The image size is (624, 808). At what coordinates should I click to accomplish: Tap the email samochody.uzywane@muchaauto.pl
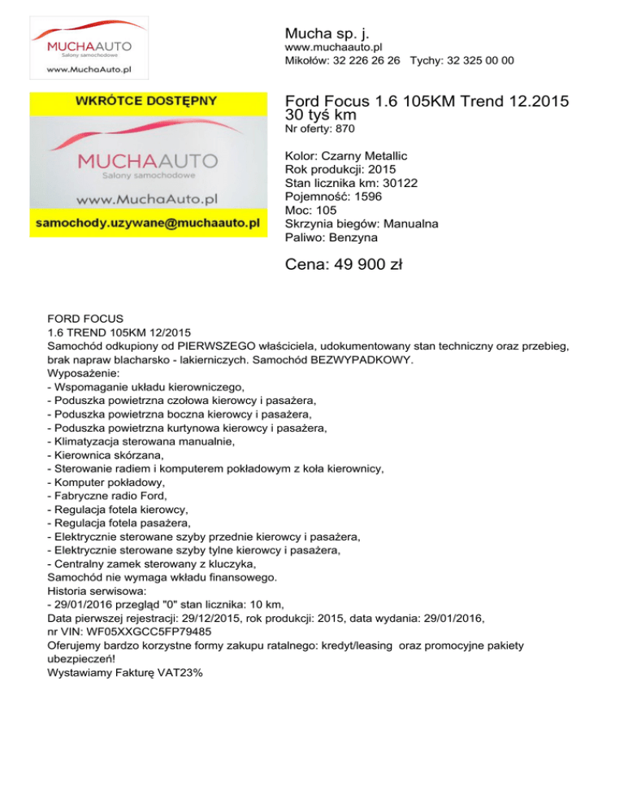coord(147,221)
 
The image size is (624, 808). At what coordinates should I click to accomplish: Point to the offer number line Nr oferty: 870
coord(320,128)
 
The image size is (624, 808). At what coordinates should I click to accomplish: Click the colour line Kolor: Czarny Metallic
coord(347,155)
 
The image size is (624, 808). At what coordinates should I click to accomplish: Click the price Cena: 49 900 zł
coord(345,265)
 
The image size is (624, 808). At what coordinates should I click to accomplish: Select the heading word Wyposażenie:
coord(84,373)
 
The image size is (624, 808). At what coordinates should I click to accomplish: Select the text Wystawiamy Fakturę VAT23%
coord(124,674)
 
